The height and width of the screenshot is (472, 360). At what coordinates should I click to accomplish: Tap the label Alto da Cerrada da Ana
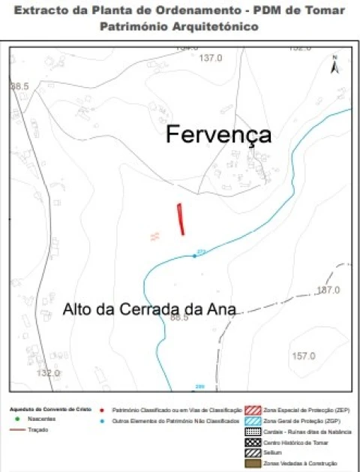[x=149, y=309]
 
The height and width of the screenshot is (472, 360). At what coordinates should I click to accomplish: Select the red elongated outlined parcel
[x=180, y=218]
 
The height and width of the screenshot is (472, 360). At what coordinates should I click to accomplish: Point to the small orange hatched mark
[x=155, y=236]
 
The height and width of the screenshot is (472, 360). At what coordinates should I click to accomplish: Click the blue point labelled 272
[x=195, y=257]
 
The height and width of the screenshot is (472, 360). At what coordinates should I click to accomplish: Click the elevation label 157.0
[x=303, y=356]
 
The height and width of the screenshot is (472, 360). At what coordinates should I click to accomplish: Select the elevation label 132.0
[x=47, y=373]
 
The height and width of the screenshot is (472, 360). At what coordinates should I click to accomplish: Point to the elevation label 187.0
[x=328, y=290]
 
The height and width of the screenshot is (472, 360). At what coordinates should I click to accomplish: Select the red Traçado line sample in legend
[x=16, y=430]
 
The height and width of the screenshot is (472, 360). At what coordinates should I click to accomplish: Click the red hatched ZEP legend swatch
[x=253, y=410]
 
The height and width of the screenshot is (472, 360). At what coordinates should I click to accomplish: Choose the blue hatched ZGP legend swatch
[x=253, y=421]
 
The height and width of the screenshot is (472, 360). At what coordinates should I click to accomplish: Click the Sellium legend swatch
[x=253, y=453]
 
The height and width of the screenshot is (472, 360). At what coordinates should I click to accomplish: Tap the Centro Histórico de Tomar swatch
[x=253, y=443]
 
